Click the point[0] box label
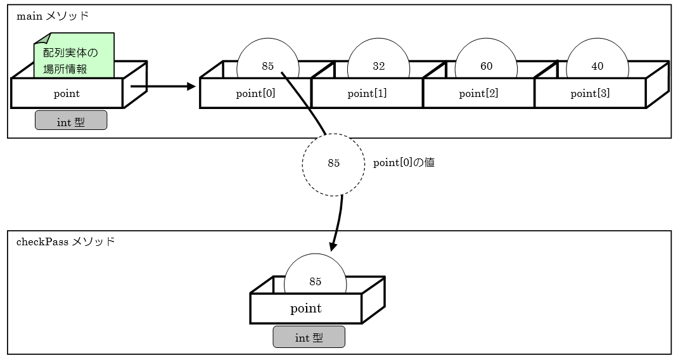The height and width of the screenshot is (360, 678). coord(255,94)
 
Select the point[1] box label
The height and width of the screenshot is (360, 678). coord(367,94)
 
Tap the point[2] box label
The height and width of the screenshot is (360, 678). coord(478,94)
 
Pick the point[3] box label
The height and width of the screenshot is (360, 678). coord(590,94)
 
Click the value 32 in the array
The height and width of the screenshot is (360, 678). coord(379,66)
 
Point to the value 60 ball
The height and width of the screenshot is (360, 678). coord(486,66)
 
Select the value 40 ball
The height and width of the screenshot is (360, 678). coord(597,66)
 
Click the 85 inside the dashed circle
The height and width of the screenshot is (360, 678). coord(333,164)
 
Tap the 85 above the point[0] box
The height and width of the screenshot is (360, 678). coord(267,66)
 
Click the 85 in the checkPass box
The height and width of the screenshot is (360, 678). coord(315,282)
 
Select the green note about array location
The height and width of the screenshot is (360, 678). coord(74,59)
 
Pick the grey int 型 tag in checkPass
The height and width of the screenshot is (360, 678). coord(309,338)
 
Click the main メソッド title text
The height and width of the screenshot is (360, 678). coord(53,16)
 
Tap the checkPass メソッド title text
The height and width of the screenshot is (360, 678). coord(66,241)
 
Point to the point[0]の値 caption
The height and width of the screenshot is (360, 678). coord(404,163)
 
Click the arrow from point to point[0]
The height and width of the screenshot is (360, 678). coord(162,86)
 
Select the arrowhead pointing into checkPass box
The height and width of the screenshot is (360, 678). coord(333,247)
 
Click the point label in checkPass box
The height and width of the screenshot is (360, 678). coord(306,309)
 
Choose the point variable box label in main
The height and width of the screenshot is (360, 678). coord(67,94)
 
